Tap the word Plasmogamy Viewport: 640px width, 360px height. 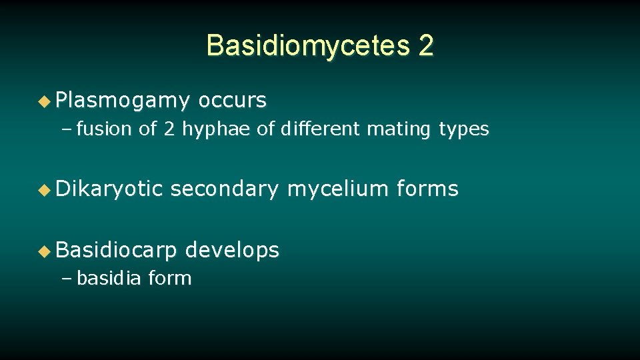(x=123, y=101)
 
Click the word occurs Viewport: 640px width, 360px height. (x=233, y=101)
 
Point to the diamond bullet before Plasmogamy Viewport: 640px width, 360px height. (x=44, y=101)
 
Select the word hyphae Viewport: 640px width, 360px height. (x=217, y=129)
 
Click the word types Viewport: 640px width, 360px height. (x=464, y=129)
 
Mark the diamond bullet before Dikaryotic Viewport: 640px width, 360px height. (x=44, y=190)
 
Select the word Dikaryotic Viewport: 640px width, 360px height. (x=109, y=189)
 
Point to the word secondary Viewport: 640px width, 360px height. (x=224, y=189)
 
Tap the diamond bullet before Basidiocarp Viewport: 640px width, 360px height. (x=44, y=251)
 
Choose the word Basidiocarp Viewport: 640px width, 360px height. (x=117, y=251)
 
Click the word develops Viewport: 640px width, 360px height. (x=232, y=251)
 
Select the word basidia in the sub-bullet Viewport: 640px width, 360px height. (x=109, y=278)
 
